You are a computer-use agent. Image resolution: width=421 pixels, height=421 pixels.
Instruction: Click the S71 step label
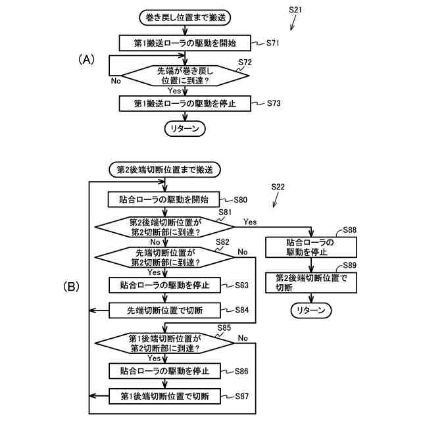pyautogui.click(x=272, y=43)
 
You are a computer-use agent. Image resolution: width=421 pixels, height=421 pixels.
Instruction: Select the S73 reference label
pyautogui.click(x=274, y=103)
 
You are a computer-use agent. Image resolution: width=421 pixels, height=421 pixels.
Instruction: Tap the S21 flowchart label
pyautogui.click(x=295, y=10)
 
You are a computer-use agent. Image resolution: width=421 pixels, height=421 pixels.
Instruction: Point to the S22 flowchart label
pyautogui.click(x=278, y=187)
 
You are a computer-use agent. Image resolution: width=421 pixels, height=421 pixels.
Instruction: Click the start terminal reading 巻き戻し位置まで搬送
pyautogui.click(x=185, y=18)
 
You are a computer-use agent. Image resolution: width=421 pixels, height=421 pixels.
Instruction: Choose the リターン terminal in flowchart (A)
pyautogui.click(x=185, y=129)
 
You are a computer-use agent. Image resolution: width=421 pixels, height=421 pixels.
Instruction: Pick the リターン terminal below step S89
pyautogui.click(x=311, y=310)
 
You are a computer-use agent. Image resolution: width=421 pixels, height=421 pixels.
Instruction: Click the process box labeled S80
pyautogui.click(x=164, y=199)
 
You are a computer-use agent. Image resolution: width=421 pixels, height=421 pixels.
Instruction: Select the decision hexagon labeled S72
pyautogui.click(x=185, y=76)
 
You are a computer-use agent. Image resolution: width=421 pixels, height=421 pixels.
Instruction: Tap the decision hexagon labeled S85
pyautogui.click(x=164, y=343)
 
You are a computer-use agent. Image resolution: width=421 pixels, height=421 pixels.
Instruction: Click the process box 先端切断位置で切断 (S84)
pyautogui.click(x=164, y=310)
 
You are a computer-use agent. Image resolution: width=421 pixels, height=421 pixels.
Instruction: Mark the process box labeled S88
pyautogui.click(x=311, y=247)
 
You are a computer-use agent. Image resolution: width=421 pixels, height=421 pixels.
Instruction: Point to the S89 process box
pyautogui.click(x=311, y=283)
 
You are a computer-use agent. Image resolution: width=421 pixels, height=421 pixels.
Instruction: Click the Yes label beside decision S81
pyautogui.click(x=250, y=222)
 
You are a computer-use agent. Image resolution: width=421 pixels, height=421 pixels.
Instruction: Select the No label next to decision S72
pyautogui.click(x=116, y=81)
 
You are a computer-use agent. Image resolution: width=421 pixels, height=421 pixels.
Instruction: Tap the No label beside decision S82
pyautogui.click(x=243, y=252)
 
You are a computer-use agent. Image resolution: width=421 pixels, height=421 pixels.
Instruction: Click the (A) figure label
pyautogui.click(x=86, y=59)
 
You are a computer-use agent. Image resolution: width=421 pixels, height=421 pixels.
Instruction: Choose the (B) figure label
pyautogui.click(x=71, y=287)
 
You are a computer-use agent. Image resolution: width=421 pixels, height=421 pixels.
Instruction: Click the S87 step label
pyautogui.click(x=242, y=396)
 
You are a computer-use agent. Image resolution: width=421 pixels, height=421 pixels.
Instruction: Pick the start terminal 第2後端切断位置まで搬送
pyautogui.click(x=164, y=170)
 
